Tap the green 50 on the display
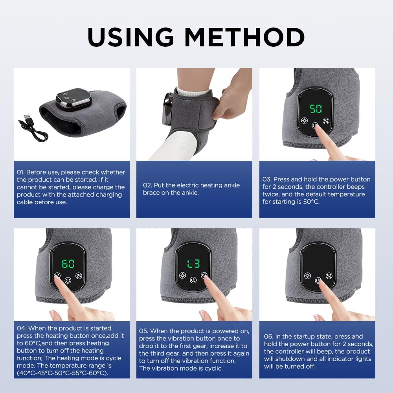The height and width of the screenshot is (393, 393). coord(315,109)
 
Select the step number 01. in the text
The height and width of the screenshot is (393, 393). coord(21,172)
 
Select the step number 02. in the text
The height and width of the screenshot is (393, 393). coord(147,185)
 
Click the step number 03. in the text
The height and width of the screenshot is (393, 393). coord(267,179)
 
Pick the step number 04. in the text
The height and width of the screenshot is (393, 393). coord(22,328)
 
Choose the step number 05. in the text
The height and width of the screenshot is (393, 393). coord(144,331)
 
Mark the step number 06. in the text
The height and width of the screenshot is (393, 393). coord(269,336)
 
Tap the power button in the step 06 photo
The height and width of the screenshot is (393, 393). coord(318,280)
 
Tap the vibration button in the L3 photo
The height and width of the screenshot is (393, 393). coord(204,275)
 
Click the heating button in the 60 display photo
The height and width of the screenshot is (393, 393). coord(58,275)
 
